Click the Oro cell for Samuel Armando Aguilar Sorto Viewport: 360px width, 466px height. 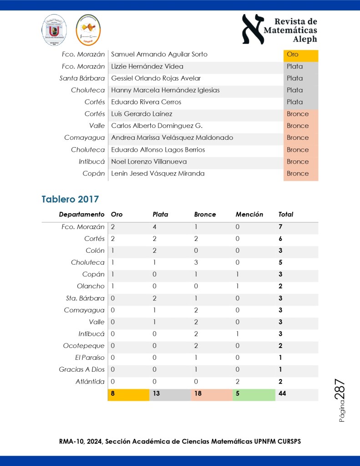pyautogui.click(x=300, y=55)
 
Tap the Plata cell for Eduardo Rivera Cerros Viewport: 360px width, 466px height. pyautogui.click(x=300, y=102)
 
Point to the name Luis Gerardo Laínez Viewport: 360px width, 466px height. pyautogui.click(x=142, y=114)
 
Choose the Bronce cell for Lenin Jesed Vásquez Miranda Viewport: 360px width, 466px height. pyautogui.click(x=300, y=174)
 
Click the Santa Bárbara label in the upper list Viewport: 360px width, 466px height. pyautogui.click(x=82, y=78)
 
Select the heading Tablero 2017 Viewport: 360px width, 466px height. pyautogui.click(x=70, y=199)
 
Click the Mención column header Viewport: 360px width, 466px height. pyautogui.click(x=249, y=215)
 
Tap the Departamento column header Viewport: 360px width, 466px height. pyautogui.click(x=81, y=215)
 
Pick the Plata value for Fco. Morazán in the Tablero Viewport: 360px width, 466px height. pyautogui.click(x=155, y=227)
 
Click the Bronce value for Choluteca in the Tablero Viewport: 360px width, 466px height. pyautogui.click(x=196, y=262)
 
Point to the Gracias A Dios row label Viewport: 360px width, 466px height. pyautogui.click(x=82, y=369)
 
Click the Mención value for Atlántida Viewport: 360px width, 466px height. pyautogui.click(x=238, y=382)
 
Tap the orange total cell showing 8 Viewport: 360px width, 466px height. pyautogui.click(x=128, y=394)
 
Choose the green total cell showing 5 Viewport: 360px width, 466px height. pyautogui.click(x=254, y=394)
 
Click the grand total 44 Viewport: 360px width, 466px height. pyautogui.click(x=282, y=394)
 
